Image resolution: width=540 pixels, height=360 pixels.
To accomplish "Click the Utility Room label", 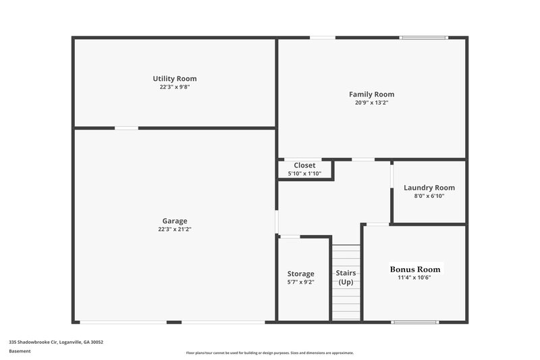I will tap(174, 79).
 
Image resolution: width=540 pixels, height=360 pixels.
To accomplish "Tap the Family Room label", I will tap(371, 95).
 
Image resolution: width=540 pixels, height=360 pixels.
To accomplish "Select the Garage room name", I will tap(174, 221).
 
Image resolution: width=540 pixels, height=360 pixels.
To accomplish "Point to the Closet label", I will tap(304, 165).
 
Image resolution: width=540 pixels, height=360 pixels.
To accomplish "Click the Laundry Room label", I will tap(429, 188).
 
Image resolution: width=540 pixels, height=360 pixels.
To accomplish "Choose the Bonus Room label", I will tap(414, 269).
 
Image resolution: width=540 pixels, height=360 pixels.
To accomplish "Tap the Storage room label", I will tap(300, 274).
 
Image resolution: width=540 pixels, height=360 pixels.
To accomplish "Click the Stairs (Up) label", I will tap(346, 277).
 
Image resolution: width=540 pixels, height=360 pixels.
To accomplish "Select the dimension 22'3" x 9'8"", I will tap(174, 87).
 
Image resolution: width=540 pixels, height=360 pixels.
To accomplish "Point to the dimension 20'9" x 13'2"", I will tap(371, 103).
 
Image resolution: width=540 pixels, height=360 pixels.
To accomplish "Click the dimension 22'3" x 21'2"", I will tap(174, 229).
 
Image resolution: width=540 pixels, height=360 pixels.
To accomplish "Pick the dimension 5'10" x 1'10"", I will tap(304, 174).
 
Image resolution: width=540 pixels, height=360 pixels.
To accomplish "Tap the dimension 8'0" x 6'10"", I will tap(429, 196).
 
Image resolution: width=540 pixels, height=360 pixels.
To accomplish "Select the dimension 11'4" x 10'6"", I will tap(414, 277).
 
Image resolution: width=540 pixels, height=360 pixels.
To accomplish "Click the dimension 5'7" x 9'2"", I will tap(300, 282).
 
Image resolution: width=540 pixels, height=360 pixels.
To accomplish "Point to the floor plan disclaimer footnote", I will tap(270, 353).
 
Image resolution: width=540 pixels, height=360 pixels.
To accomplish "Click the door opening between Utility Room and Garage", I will tap(126, 128).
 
